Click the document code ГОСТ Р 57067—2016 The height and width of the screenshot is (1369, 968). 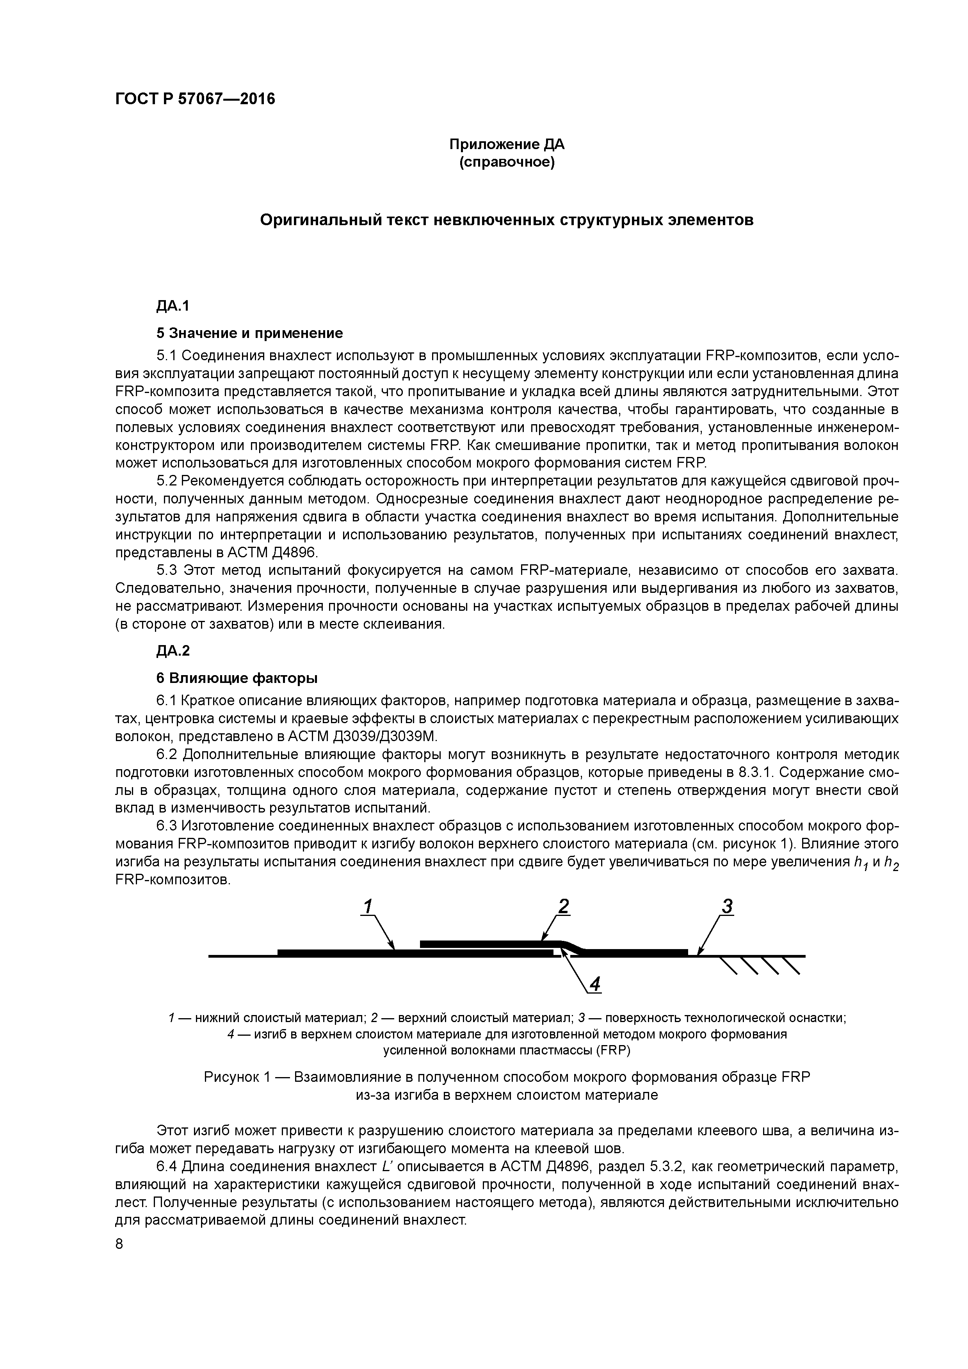click(x=195, y=99)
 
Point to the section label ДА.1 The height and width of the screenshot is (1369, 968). click(x=173, y=306)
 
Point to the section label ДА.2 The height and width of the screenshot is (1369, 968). click(x=173, y=651)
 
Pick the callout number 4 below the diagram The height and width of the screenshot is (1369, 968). click(x=594, y=985)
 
